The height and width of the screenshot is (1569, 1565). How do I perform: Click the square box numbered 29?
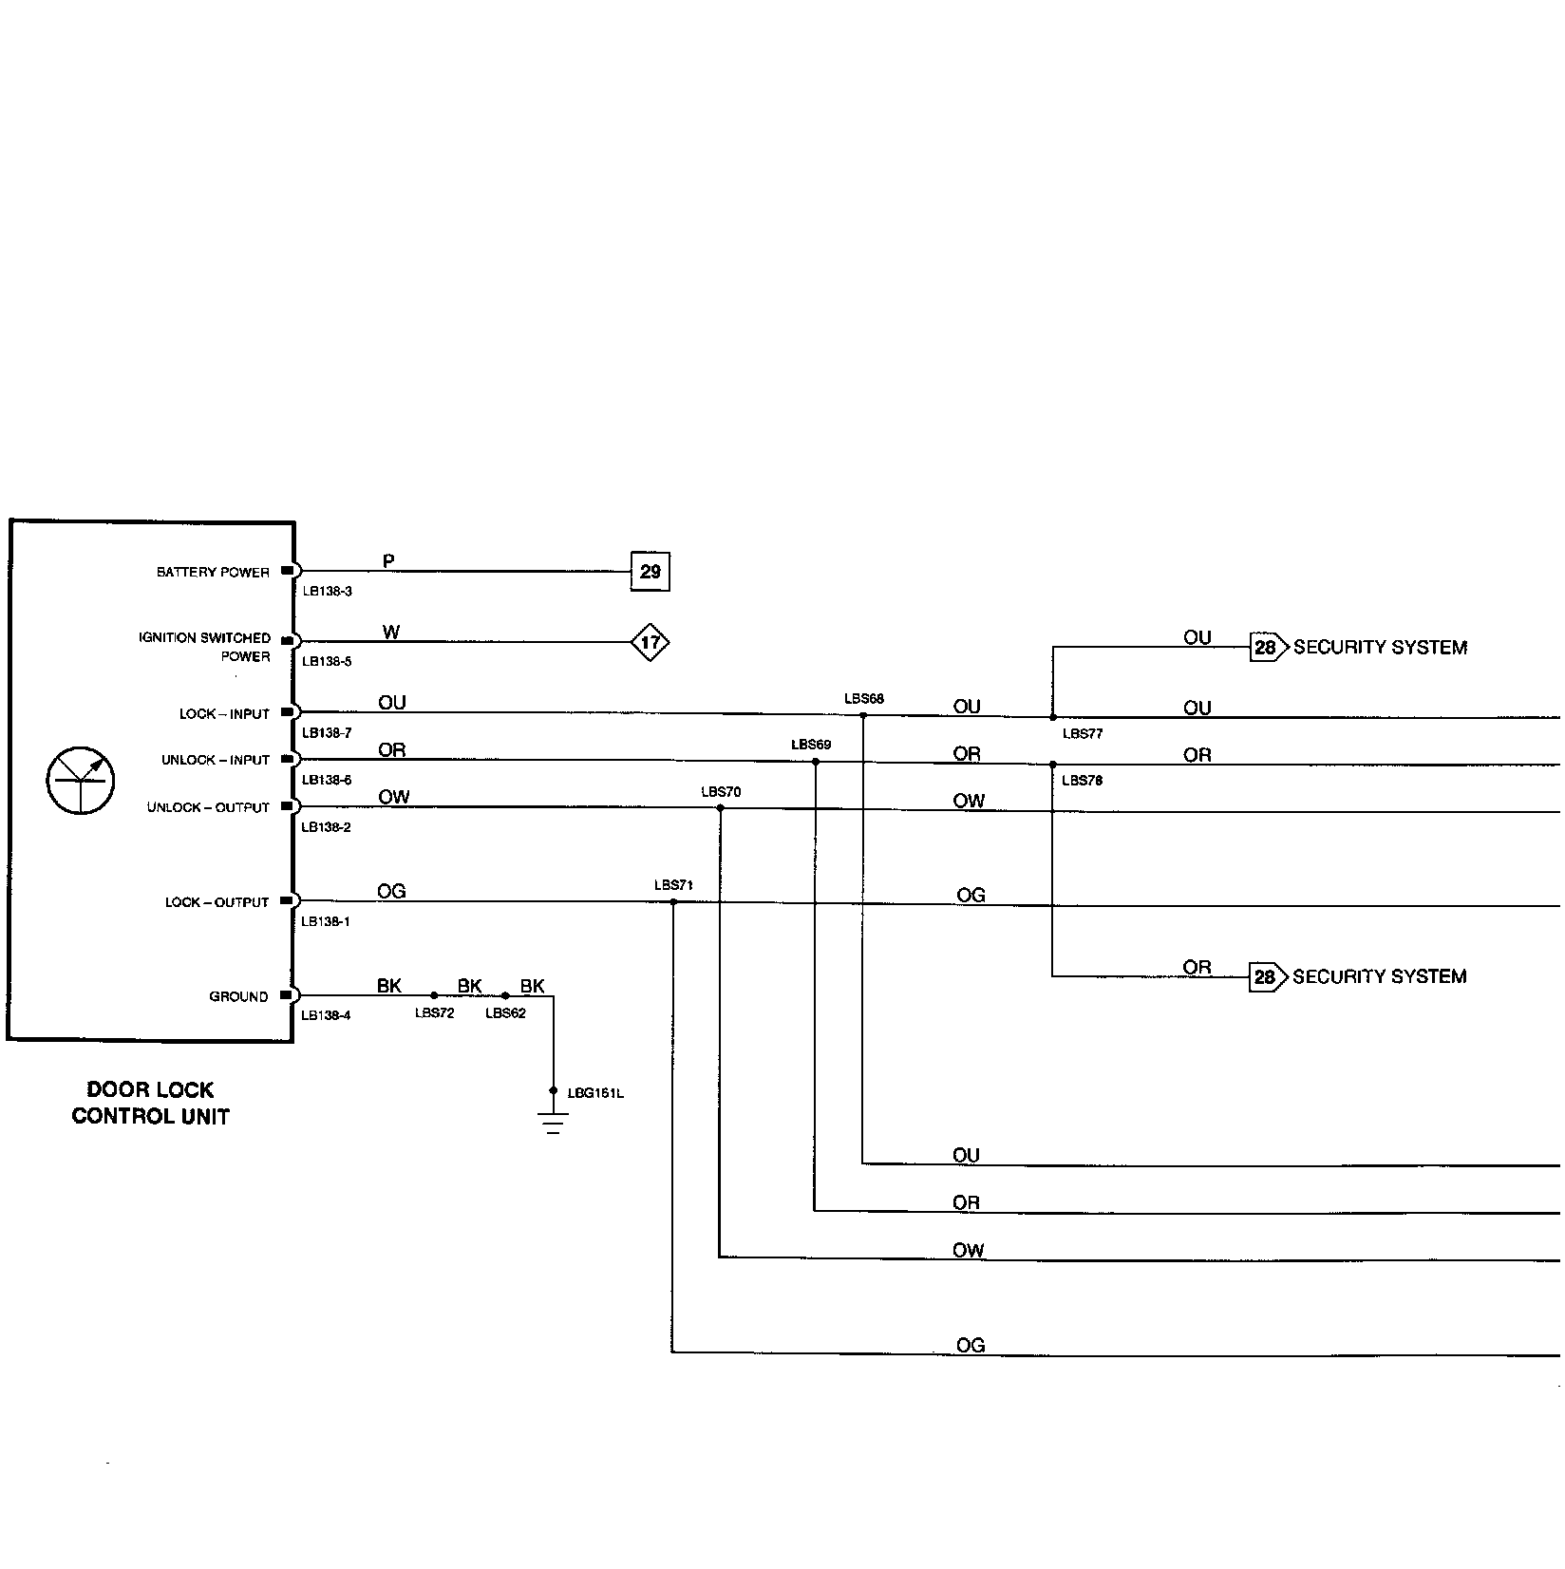coord(651,572)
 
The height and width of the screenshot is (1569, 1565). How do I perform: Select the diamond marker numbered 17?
coord(651,643)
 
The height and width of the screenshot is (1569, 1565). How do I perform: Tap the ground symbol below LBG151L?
coord(554,1123)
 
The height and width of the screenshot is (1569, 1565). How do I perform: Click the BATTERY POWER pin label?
coord(213,573)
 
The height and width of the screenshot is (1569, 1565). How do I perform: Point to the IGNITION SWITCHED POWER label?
coord(205,647)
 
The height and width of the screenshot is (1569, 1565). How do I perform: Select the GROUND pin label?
coord(238,996)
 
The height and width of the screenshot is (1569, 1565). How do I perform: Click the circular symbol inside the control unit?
coord(81,781)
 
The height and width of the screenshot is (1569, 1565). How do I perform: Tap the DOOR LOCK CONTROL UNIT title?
coord(151,1103)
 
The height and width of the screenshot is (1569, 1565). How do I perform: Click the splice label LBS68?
coord(864,699)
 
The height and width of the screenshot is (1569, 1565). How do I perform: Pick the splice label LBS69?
coord(811,745)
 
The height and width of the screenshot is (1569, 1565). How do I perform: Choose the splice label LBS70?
coord(721,792)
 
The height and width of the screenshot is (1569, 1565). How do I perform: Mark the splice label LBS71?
coord(673,885)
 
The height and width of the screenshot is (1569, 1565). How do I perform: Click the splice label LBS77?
coord(1083,734)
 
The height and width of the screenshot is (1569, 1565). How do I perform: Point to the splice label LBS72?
coord(435,1013)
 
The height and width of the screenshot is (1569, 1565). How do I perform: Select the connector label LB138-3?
coord(327,592)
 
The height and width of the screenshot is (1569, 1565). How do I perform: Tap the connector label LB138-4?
coord(326,1015)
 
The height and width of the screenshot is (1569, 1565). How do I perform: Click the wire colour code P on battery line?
coord(388,561)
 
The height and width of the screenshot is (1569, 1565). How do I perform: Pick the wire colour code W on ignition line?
coord(391,633)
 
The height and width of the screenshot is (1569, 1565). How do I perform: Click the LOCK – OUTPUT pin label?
coord(217,902)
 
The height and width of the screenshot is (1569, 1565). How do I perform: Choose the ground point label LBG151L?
coord(595,1093)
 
